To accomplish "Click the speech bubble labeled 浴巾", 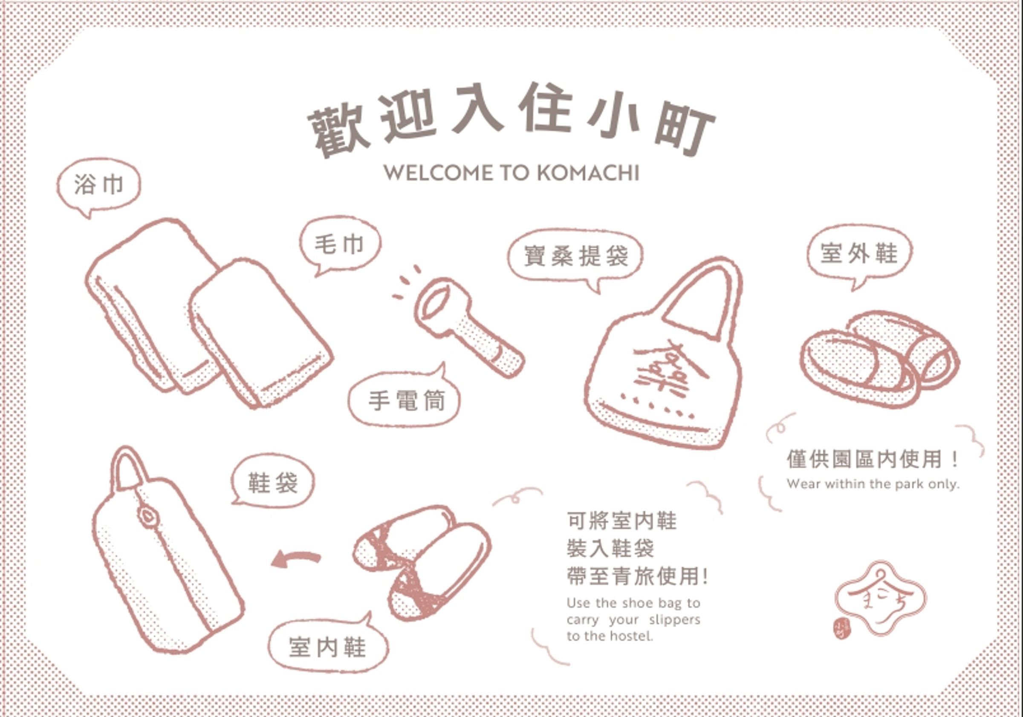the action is tap(98, 186).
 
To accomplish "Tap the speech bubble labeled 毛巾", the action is tap(340, 245).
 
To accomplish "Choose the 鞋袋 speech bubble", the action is tap(272, 483).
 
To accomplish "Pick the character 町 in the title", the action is tap(685, 131).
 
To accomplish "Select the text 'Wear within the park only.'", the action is tap(873, 484).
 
